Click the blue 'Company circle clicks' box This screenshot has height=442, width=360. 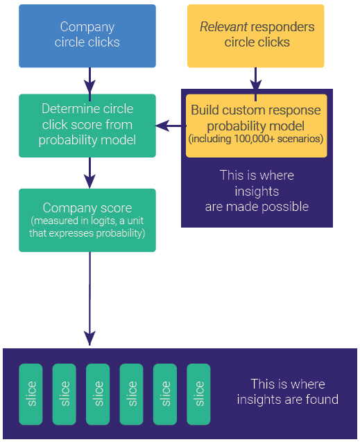point(87,36)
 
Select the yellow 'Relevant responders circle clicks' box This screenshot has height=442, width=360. point(256,36)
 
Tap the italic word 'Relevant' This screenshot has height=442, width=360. point(223,27)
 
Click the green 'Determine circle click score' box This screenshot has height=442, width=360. point(87,126)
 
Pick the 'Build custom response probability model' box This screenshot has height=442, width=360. point(257,126)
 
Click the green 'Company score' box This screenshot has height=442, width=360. point(87,220)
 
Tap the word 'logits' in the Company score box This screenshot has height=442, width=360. point(103,221)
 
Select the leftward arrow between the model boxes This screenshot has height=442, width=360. point(171,126)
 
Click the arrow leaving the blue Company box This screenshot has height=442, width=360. point(90,84)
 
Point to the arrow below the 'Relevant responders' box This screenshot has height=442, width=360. point(255,84)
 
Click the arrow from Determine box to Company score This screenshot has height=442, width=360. point(90,173)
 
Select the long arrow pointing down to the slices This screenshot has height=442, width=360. point(90,298)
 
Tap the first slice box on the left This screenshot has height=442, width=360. point(31,394)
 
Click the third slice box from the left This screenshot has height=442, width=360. point(98,394)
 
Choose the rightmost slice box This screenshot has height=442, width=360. point(198,394)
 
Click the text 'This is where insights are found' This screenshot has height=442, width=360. point(288,392)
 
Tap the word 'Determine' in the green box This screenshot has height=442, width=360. point(68,109)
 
